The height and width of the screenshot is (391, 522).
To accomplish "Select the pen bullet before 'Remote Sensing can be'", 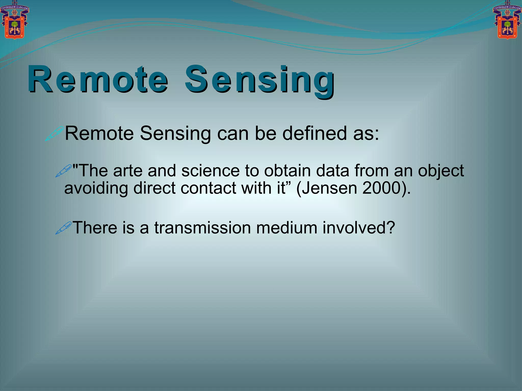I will (x=54, y=134).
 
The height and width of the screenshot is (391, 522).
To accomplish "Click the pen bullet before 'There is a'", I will (x=64, y=228).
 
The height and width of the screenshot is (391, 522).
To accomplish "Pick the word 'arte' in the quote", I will (x=128, y=171).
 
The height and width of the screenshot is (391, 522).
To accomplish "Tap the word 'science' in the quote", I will (x=211, y=171).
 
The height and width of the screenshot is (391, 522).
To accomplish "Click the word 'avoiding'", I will (x=96, y=188).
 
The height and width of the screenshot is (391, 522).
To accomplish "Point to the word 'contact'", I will (x=208, y=188).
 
